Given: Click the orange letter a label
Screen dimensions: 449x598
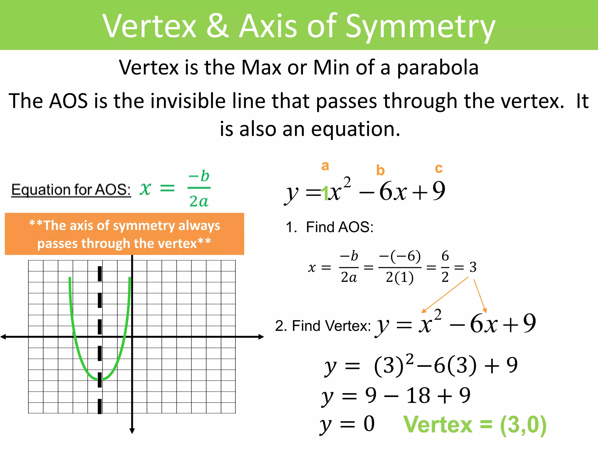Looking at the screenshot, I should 325,166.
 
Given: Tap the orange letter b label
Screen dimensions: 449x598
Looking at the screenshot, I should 380,170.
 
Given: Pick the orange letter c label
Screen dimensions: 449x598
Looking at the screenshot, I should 439,168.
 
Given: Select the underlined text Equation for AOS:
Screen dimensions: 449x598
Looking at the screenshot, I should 71,190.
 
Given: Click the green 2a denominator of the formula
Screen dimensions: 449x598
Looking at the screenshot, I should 199,201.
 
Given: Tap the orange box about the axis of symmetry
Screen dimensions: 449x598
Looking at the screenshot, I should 124,234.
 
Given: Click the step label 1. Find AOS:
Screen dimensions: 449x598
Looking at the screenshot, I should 330,227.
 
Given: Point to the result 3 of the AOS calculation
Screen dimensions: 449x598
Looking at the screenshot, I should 473,267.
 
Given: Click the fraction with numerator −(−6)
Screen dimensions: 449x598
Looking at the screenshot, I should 400,267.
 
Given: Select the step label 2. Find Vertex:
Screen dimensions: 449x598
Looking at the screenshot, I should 323,326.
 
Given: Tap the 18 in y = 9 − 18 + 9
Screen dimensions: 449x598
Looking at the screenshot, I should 418,396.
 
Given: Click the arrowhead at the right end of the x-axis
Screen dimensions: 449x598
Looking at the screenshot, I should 261,337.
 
